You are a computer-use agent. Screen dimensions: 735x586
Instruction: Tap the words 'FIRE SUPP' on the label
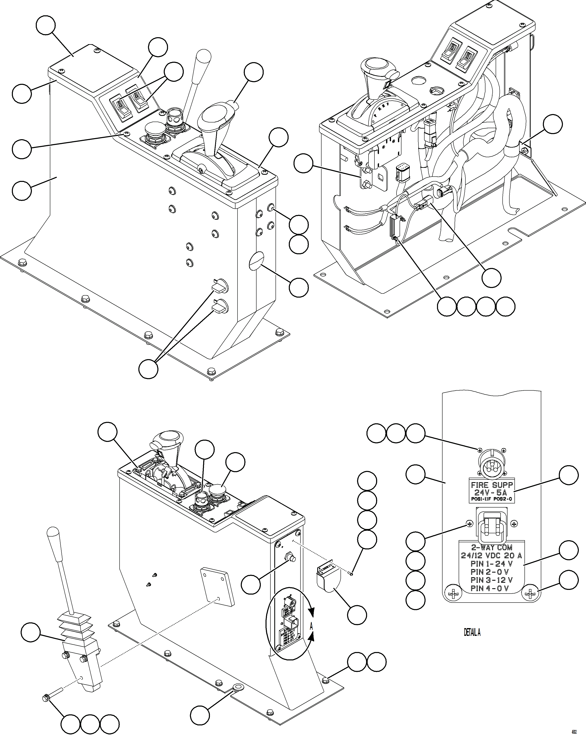(x=492, y=485)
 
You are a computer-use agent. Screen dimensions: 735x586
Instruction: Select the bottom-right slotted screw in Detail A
(x=531, y=595)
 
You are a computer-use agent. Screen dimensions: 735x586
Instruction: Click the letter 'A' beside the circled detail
(x=311, y=626)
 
